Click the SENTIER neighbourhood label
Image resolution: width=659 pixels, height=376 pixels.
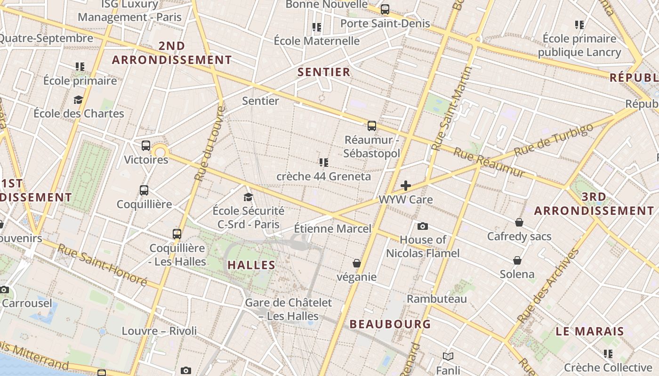pos(324,72)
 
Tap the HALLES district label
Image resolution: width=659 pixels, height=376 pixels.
pos(251,265)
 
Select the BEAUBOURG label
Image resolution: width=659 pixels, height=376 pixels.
pos(390,324)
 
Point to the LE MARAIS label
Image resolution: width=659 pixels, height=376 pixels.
pos(590,331)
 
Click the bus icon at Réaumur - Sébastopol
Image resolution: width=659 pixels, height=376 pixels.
pos(372,126)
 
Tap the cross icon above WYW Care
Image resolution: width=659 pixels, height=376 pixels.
pos(405,186)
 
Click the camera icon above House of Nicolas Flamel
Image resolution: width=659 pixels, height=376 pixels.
pos(423,226)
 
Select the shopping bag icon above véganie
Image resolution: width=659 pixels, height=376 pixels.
pos(357,263)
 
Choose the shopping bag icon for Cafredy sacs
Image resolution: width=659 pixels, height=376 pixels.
pos(519,222)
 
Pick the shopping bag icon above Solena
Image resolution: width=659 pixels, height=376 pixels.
pos(517,260)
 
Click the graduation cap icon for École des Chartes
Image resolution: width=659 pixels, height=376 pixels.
pos(78,100)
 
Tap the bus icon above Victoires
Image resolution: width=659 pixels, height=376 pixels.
pos(146,146)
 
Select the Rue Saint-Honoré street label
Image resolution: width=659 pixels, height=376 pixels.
pos(102,265)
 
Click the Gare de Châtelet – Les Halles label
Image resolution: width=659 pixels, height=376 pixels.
pos(289,309)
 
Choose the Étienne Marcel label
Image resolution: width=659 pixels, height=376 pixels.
pos(333,229)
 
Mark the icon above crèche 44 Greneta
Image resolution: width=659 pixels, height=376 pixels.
pos(323,163)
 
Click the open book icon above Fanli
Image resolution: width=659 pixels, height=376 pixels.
pos(448,357)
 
